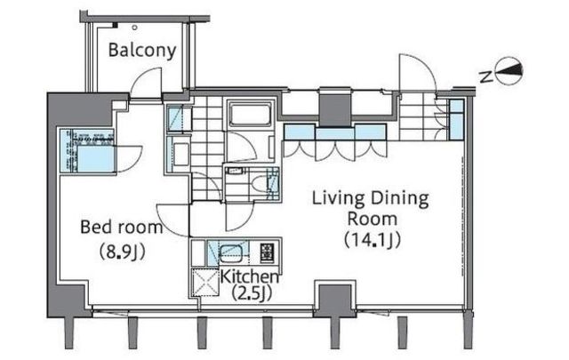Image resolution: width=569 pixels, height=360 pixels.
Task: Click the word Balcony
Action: pyautogui.click(x=142, y=51)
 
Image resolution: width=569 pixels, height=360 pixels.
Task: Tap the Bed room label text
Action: pyautogui.click(x=121, y=228)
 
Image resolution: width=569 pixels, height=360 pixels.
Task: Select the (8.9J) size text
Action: pyautogui.click(x=123, y=252)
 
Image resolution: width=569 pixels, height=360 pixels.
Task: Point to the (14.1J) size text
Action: pyautogui.click(x=373, y=239)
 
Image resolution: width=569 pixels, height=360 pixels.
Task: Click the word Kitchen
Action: pyautogui.click(x=250, y=277)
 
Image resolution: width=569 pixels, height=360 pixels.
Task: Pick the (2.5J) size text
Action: pyautogui.click(x=252, y=292)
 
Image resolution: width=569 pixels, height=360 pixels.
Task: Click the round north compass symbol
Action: pyautogui.click(x=509, y=71)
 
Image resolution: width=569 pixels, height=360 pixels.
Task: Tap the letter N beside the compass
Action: pyautogui.click(x=485, y=77)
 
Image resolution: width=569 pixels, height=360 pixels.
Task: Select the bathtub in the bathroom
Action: pyautogui.click(x=250, y=115)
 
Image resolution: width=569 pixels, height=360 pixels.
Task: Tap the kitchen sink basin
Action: pyautogui.click(x=231, y=252)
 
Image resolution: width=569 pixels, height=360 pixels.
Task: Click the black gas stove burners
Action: pyautogui.click(x=268, y=252)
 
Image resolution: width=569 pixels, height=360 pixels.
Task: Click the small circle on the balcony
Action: pyautogui.click(x=135, y=28)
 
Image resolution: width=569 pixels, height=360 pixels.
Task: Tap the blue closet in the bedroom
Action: pyautogui.click(x=87, y=151)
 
